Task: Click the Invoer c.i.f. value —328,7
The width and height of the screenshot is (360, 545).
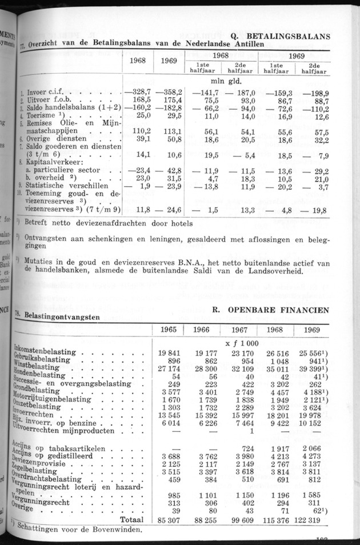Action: coord(138,91)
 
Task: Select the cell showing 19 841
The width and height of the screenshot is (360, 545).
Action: coord(169,352)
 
